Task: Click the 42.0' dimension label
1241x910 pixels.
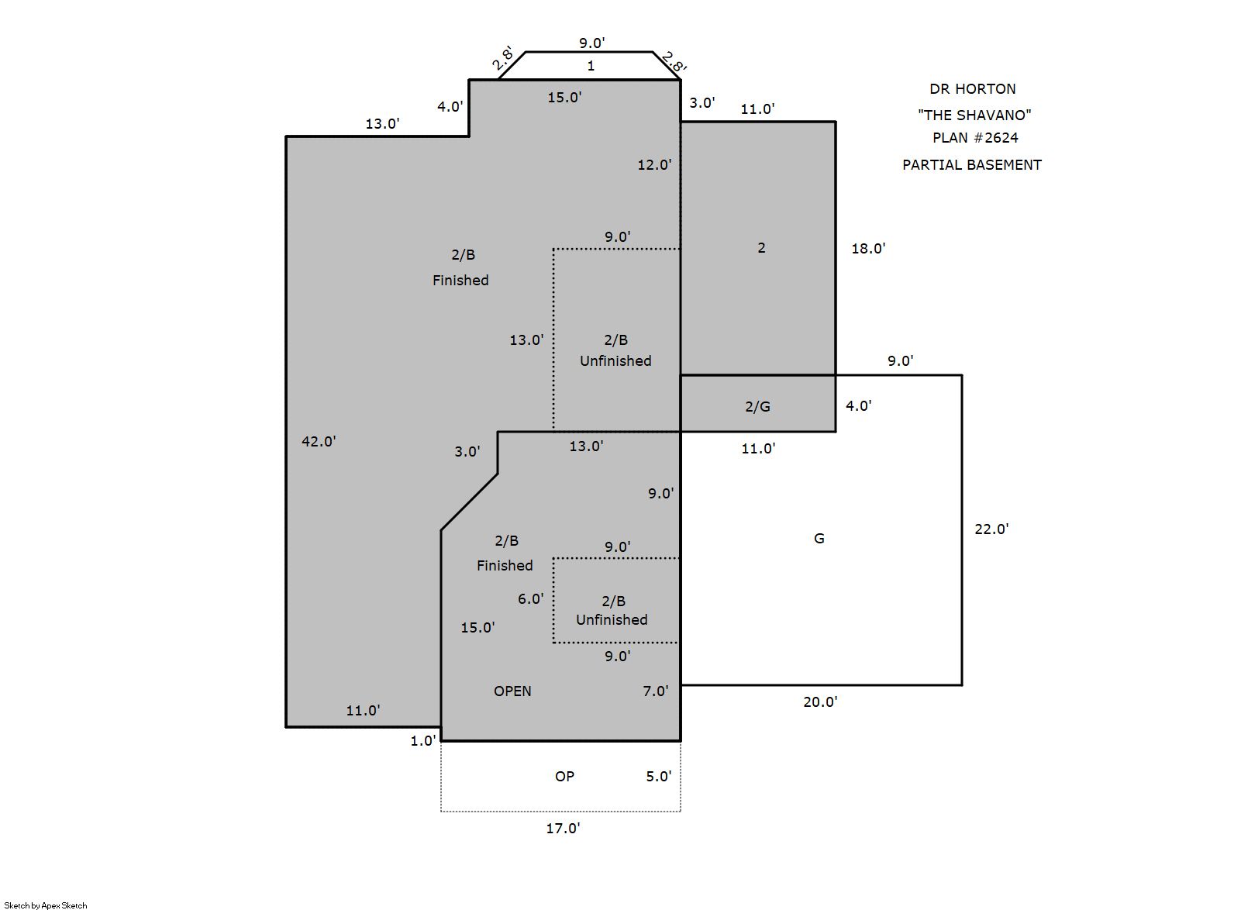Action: tap(319, 441)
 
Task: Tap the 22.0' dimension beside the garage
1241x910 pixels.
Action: tap(991, 529)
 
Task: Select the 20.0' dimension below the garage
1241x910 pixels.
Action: tap(821, 701)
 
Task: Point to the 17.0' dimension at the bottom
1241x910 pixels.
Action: tap(563, 828)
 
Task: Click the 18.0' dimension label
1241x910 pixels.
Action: tap(868, 248)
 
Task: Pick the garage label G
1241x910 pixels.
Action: tap(819, 538)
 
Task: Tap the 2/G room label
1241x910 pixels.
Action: tap(757, 406)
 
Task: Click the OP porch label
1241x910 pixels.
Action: tap(564, 777)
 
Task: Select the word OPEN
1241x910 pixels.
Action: tap(512, 691)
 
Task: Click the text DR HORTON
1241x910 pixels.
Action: tap(972, 88)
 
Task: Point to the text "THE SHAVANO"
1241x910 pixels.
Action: tap(974, 115)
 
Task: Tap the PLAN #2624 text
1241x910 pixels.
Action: tap(975, 137)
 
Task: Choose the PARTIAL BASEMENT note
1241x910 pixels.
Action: tap(972, 164)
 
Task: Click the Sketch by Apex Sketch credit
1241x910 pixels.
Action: tap(46, 905)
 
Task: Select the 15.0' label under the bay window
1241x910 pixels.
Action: tap(564, 98)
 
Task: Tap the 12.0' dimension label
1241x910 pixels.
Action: tap(654, 164)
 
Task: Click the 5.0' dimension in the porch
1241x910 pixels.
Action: tap(659, 777)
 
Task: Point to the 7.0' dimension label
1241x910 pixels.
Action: tap(656, 691)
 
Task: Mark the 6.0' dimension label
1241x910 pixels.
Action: tap(531, 598)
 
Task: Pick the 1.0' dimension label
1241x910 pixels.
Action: tap(423, 741)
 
